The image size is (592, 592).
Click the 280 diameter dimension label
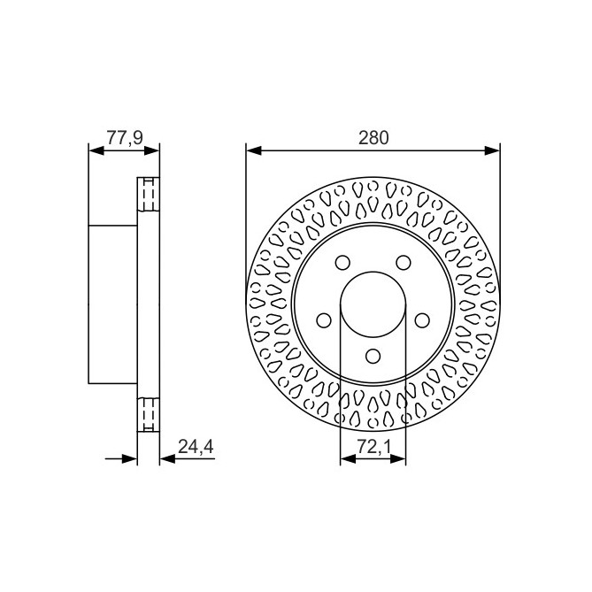(373, 137)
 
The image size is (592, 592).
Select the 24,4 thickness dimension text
(196, 447)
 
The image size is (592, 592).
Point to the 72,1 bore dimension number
(373, 449)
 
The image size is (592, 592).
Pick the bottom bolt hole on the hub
(373, 356)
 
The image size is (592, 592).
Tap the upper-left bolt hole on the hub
(341, 263)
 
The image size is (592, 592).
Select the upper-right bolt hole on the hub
(404, 263)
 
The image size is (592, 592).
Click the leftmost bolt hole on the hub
(323, 319)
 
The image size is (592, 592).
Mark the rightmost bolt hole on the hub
(422, 319)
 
